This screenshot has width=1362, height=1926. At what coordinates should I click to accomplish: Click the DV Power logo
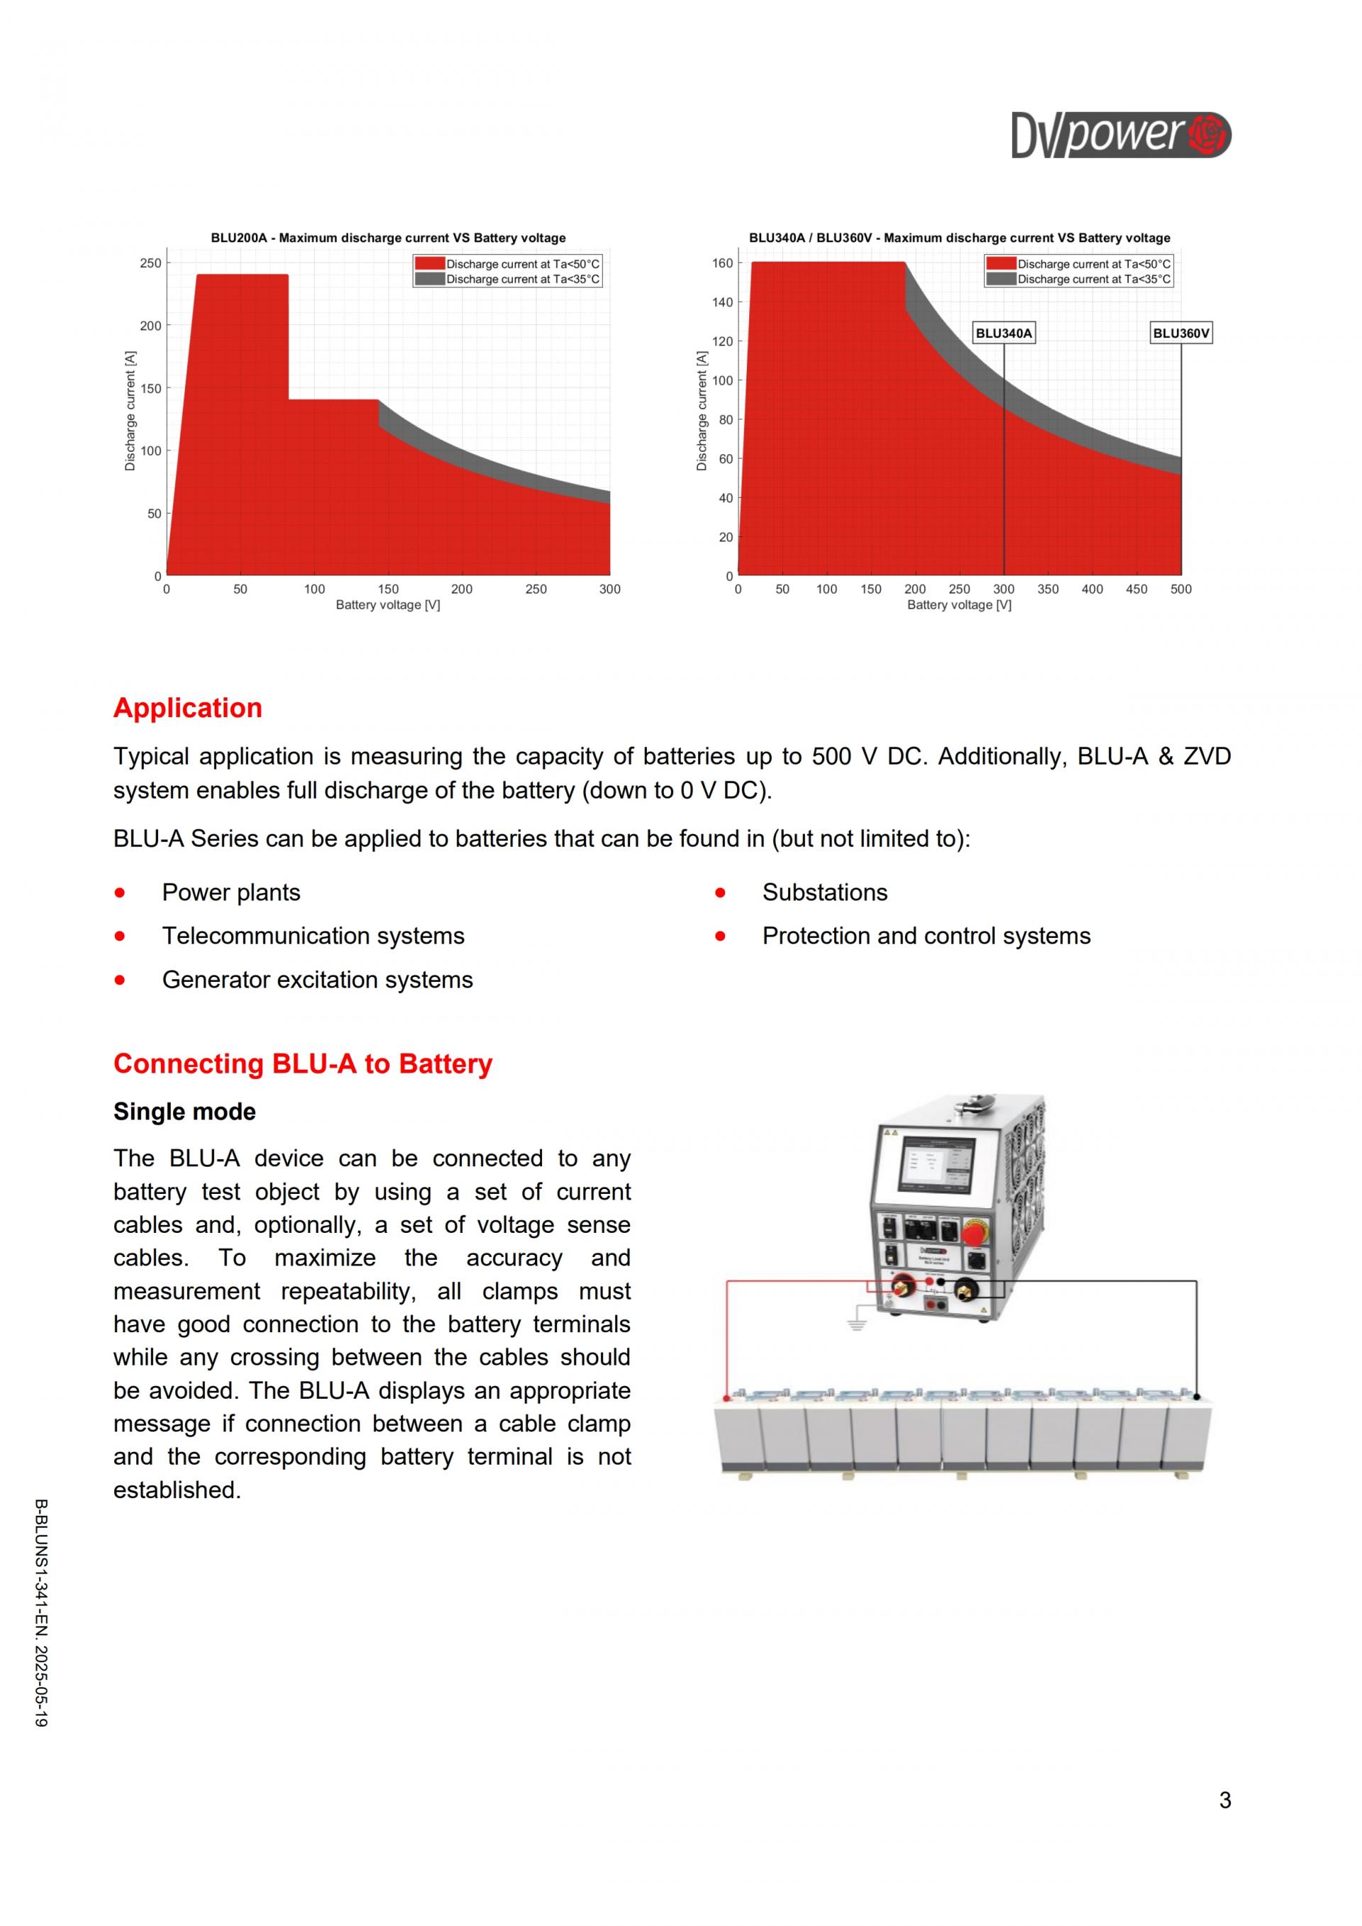point(1121,135)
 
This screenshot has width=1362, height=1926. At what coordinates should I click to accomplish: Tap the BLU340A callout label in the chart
point(1003,333)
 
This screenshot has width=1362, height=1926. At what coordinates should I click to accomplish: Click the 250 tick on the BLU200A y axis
point(151,263)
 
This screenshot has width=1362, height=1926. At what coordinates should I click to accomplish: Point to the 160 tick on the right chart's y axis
point(722,263)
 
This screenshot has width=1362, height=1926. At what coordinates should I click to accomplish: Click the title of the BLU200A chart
point(387,238)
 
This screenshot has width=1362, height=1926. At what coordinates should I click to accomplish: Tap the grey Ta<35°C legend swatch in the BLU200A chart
point(429,279)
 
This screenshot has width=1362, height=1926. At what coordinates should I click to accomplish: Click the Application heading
point(188,707)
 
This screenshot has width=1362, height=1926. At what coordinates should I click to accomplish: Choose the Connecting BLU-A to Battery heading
point(303,1063)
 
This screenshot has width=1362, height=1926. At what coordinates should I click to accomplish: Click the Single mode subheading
point(184,1112)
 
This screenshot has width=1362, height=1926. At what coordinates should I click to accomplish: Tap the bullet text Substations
point(824,892)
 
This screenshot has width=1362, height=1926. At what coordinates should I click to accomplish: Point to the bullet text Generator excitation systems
point(317,980)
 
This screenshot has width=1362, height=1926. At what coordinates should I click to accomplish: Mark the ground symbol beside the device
point(856,1324)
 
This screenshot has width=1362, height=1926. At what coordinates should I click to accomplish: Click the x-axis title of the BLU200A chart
point(387,605)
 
